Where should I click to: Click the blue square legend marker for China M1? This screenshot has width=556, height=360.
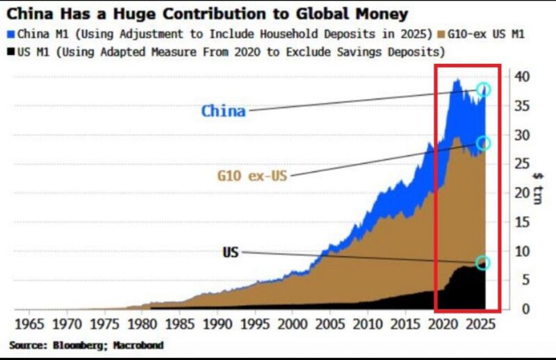[10, 33]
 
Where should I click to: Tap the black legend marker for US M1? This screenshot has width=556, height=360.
[10, 51]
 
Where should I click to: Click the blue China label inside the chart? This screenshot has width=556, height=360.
[223, 111]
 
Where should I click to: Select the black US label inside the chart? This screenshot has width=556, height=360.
[230, 252]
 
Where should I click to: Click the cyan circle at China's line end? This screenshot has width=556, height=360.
[484, 90]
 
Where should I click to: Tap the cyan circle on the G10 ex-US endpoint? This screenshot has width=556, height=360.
[484, 143]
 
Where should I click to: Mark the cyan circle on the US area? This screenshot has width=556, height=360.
[483, 263]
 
